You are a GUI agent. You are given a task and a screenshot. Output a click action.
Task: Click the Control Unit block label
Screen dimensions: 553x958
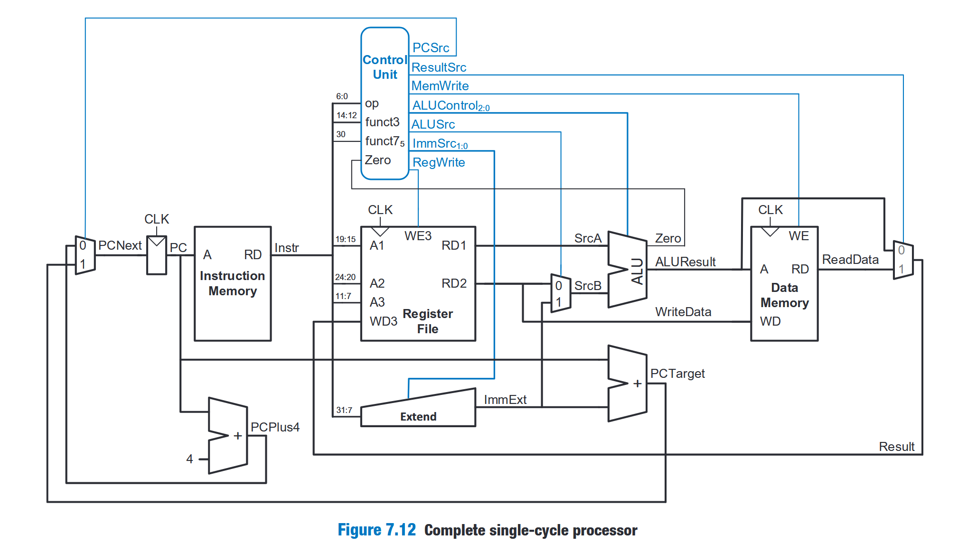pos(385,67)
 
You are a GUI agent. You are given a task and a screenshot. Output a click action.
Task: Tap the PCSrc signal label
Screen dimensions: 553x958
pos(431,48)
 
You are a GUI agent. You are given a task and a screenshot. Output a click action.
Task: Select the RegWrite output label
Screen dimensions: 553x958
pos(439,162)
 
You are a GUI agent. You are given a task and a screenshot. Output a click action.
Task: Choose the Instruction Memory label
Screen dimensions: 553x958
pos(232,283)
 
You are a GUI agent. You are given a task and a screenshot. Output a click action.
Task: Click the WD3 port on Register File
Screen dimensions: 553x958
pos(383,321)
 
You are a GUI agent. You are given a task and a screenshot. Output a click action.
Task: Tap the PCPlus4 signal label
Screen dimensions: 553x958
pos(275,427)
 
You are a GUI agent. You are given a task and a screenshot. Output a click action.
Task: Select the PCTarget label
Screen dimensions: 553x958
pos(677,374)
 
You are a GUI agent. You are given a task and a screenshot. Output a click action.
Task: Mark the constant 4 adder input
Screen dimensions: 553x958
pos(189,459)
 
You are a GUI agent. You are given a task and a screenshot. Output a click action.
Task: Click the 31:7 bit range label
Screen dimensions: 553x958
pos(344,410)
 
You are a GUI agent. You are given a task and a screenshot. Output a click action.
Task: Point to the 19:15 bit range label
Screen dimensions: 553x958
pos(345,239)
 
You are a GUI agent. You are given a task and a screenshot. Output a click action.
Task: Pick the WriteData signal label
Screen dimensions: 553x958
pos(683,312)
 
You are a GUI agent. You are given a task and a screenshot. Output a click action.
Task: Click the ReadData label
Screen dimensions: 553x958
pos(850,260)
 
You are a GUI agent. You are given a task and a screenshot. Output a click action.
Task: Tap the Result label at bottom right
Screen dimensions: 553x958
pos(896,447)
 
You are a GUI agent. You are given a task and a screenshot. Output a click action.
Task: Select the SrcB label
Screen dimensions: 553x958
pos(588,286)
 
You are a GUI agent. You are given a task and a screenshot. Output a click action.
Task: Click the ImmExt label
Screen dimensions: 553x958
pos(505,400)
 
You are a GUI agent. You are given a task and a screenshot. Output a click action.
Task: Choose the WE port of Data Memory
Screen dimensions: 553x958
pos(798,236)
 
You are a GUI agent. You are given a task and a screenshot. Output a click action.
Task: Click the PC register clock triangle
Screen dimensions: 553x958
pos(156,241)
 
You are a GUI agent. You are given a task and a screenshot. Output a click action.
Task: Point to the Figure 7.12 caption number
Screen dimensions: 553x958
pos(376,530)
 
